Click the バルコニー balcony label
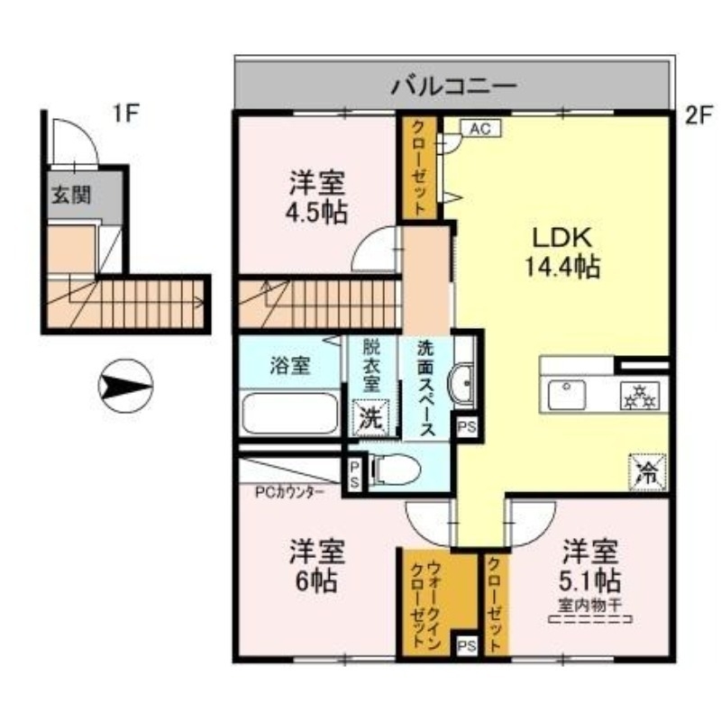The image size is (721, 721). click(x=453, y=87)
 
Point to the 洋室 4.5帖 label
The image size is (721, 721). click(x=318, y=197)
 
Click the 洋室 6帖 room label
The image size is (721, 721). click(x=315, y=565)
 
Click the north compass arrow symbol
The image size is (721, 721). click(x=125, y=387)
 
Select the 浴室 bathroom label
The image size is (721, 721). click(x=291, y=366)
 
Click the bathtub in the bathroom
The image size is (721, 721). click(x=290, y=415)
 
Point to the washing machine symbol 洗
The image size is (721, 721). click(x=371, y=416)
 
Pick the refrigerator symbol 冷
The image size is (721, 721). click(x=648, y=469)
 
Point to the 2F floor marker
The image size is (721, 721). click(x=698, y=114)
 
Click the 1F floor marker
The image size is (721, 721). click(x=125, y=114)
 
